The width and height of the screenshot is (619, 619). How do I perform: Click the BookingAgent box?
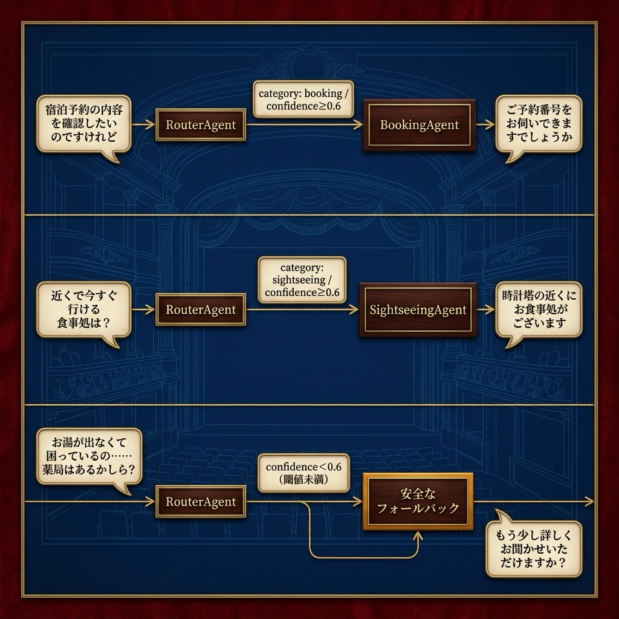tap(420, 125)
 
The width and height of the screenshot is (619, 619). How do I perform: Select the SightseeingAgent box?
tap(418, 310)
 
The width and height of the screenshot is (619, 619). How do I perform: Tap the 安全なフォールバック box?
tap(418, 501)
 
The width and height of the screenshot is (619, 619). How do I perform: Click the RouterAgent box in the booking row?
tap(201, 125)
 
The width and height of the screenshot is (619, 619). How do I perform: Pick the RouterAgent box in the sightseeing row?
tap(201, 309)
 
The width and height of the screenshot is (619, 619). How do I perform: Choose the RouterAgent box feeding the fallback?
tap(201, 501)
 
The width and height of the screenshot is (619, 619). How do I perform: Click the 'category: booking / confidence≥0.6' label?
tap(303, 100)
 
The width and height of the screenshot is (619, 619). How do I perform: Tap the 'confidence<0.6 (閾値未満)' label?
tap(303, 473)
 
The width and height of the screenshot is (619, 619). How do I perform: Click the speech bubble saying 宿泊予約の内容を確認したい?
tap(83, 123)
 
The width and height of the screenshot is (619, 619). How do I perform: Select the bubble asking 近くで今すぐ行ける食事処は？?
tap(83, 309)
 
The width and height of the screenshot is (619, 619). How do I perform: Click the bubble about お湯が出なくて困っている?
tap(89, 456)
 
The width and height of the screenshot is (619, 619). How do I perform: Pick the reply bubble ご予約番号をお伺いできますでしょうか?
tap(539, 123)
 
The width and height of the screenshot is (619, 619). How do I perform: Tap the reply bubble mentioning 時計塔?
tap(539, 309)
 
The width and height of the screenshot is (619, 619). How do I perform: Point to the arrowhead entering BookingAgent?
tap(358, 125)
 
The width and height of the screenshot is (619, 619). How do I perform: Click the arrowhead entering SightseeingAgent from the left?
tap(354, 310)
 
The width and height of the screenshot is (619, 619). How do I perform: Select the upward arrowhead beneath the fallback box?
tap(418, 536)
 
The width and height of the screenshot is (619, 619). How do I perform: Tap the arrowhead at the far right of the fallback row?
tap(589, 501)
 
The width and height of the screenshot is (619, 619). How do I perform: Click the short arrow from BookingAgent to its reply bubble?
tap(485, 125)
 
